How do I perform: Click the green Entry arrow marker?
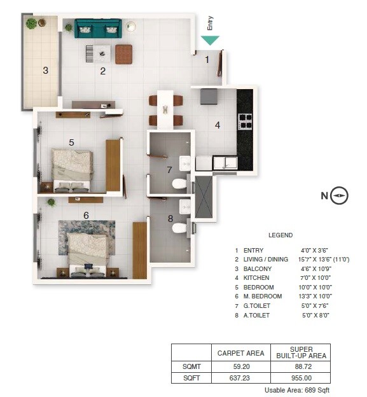point(210,41)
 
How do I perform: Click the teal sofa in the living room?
point(97,28)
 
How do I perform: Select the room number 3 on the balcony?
point(45,71)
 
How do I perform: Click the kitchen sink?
point(225,163)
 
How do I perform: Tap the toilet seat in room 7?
point(180,185)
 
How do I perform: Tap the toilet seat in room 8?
point(180,227)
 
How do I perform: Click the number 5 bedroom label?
point(72,143)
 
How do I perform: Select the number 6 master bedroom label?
point(86,215)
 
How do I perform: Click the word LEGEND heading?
point(280,235)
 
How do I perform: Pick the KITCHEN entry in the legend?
point(256,278)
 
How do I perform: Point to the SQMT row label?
point(191,366)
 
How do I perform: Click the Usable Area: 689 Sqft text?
point(297,389)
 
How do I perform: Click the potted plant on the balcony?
point(31,24)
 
